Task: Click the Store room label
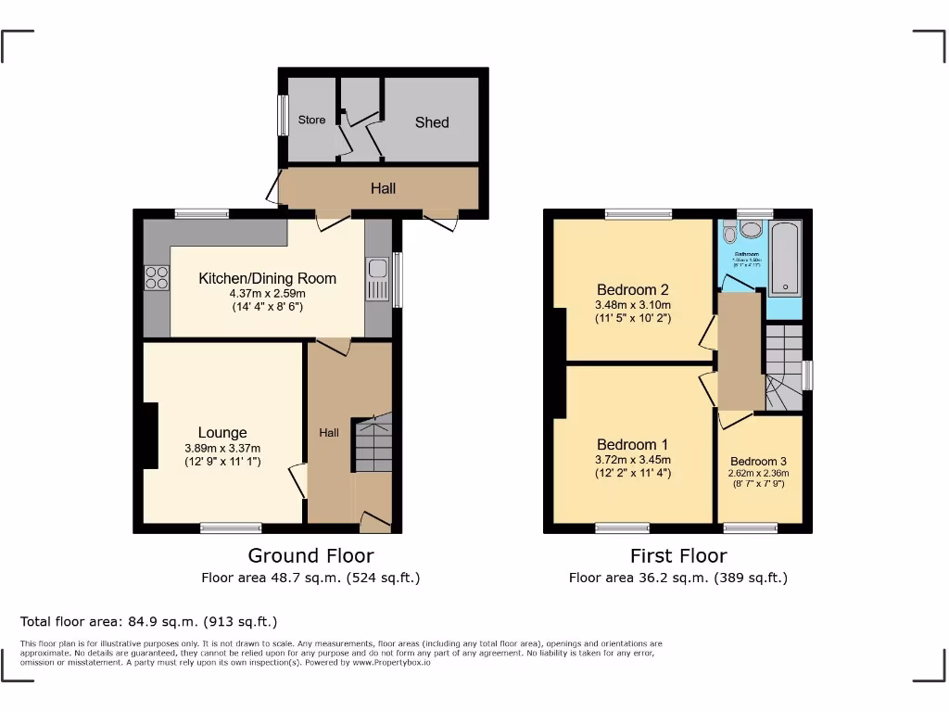tap(311, 120)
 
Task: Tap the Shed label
tap(432, 122)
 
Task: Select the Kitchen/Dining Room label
tap(267, 278)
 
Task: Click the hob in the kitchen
tap(157, 277)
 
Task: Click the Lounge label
tap(222, 433)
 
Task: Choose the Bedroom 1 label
tap(633, 444)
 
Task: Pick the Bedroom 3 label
tap(759, 462)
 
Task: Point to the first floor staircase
tap(783, 367)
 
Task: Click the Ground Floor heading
tap(310, 555)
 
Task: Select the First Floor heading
tap(678, 555)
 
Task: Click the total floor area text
tap(148, 621)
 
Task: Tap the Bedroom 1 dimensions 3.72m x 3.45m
tap(633, 459)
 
